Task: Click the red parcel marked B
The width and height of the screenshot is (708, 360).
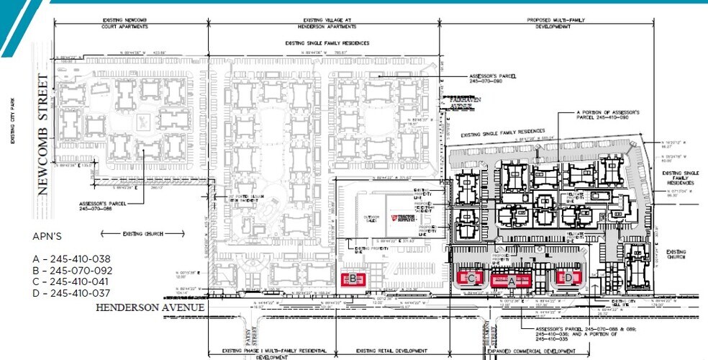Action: (353, 279)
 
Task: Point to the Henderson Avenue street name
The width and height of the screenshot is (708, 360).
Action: (150, 307)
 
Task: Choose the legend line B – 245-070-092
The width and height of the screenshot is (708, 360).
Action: (72, 270)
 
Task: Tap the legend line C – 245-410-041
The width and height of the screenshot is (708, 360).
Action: (72, 282)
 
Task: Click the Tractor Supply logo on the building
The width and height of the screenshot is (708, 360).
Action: (404, 218)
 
